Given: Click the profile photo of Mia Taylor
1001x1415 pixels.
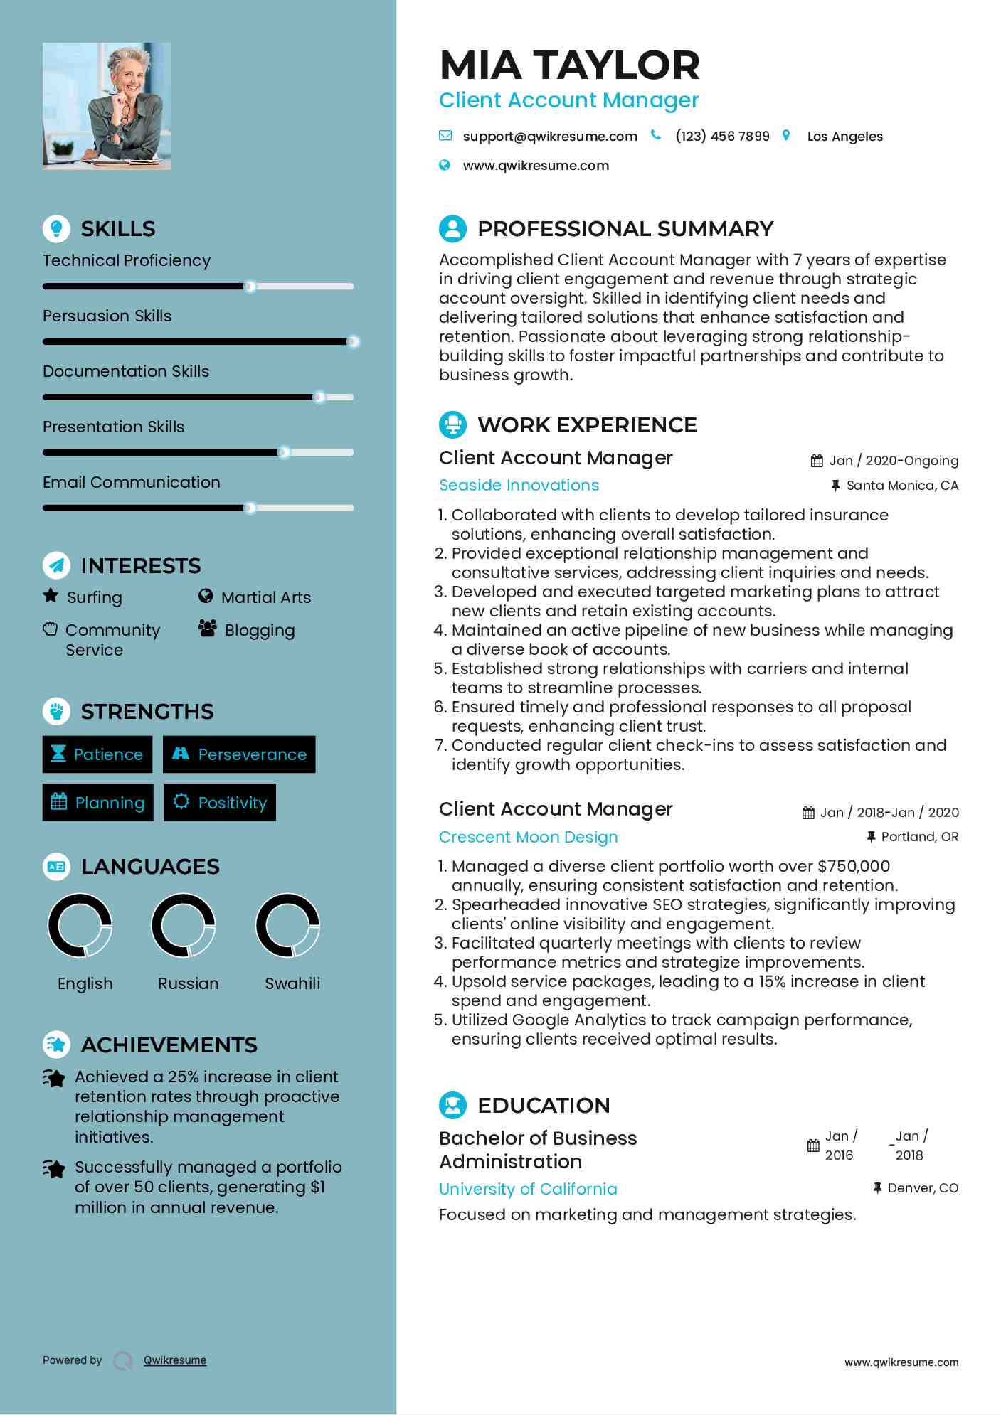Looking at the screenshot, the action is [107, 106].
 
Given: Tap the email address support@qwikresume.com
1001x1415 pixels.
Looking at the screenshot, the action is [549, 137].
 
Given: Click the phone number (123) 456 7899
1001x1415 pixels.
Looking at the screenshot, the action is [722, 137].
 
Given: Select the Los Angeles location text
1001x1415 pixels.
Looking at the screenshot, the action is [844, 137].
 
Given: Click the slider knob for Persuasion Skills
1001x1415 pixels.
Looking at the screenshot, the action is [353, 342].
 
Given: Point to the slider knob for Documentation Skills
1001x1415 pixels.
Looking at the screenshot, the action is [320, 397].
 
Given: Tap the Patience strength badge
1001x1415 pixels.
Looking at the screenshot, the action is [97, 754].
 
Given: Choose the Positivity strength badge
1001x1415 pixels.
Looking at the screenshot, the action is [220, 803].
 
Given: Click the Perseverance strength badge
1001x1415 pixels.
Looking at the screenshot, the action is [239, 754].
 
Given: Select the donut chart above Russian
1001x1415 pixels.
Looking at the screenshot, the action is [184, 926].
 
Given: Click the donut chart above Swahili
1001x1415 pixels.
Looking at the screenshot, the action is [288, 926].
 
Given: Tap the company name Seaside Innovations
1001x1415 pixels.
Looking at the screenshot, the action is [519, 485].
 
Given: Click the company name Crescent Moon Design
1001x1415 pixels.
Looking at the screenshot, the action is [528, 837].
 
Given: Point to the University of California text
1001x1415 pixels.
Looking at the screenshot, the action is [528, 1189].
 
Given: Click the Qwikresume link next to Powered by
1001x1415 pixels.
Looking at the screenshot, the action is [175, 1360].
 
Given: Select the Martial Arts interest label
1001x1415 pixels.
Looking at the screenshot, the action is [266, 597].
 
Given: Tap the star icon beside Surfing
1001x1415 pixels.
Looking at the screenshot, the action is [51, 596].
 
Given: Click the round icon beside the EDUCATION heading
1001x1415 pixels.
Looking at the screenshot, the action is [453, 1105].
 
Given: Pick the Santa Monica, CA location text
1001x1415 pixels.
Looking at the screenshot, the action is [902, 486].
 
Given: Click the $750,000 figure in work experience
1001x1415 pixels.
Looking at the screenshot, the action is [854, 866].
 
